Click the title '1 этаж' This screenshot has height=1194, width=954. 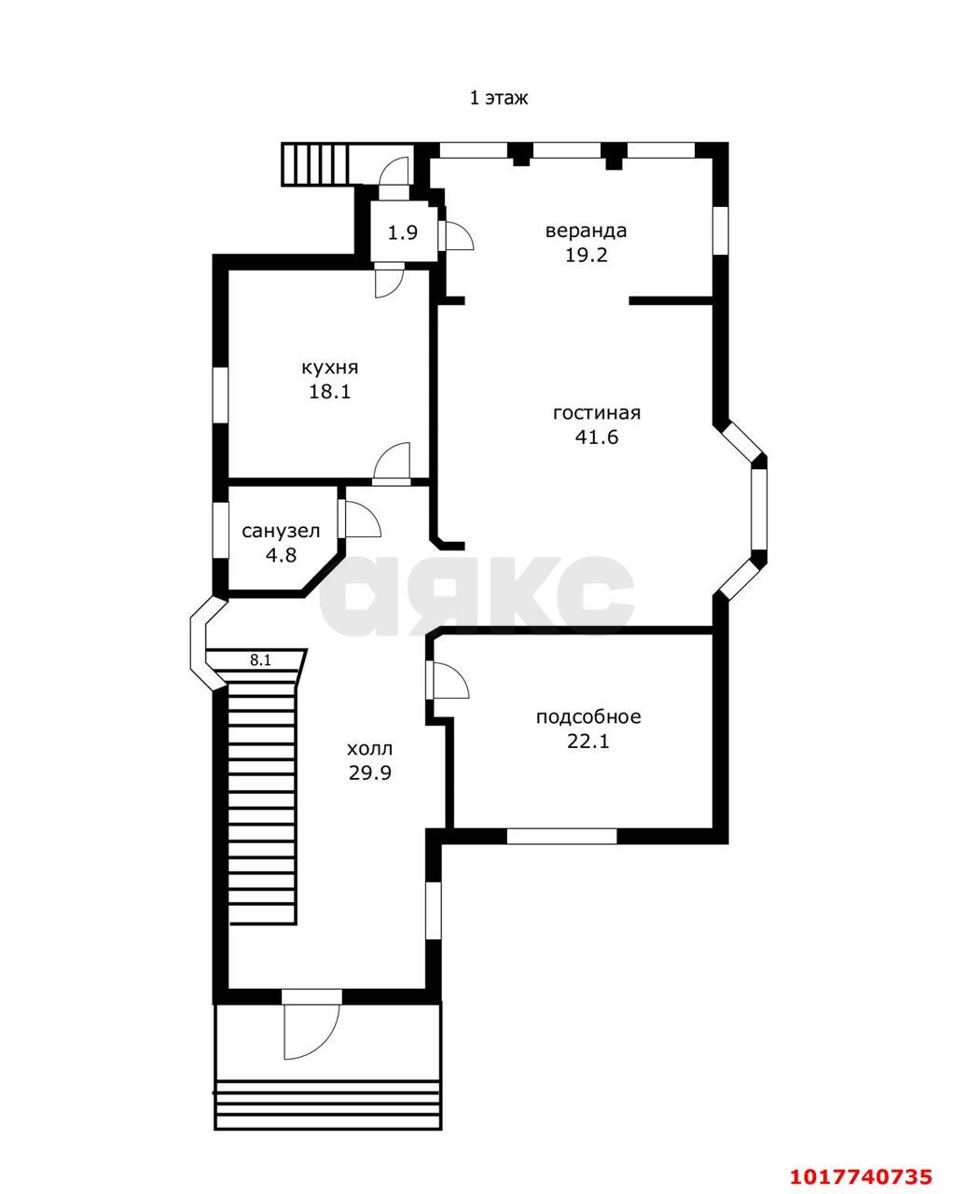(x=499, y=98)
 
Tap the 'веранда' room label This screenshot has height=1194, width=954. (x=586, y=230)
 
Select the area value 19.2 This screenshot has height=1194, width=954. (x=587, y=255)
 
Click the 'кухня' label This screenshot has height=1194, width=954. (x=329, y=368)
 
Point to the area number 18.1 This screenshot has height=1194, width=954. (x=329, y=392)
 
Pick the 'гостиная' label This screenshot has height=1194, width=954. (x=596, y=413)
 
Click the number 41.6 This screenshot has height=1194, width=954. (x=596, y=437)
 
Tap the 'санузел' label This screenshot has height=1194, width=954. (x=281, y=531)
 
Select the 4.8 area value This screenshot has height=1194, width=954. (x=282, y=555)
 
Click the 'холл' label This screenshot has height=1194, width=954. (x=369, y=749)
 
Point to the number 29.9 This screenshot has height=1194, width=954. (x=370, y=773)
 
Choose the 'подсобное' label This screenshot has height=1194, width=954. (x=588, y=716)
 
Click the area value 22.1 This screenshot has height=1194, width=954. (x=588, y=742)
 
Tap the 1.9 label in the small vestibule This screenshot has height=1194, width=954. (x=402, y=232)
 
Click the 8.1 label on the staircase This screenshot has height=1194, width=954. (x=260, y=660)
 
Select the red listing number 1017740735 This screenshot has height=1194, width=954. (x=861, y=1173)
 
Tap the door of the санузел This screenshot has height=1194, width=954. (x=362, y=520)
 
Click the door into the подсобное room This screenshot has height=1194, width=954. (x=450, y=680)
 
